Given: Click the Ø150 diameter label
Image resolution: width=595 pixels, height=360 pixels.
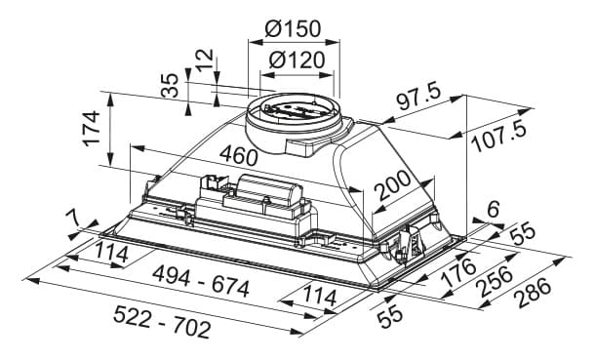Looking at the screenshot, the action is click(293, 28).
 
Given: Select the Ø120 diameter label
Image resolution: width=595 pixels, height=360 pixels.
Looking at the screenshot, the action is click(297, 60).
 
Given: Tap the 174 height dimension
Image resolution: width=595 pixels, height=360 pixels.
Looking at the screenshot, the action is click(92, 128).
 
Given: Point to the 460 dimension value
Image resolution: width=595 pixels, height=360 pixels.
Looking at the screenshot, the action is click(239, 155).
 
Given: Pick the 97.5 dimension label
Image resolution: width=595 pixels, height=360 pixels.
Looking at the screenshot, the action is click(418, 98).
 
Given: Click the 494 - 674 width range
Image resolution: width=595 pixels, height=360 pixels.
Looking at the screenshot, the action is click(201, 282).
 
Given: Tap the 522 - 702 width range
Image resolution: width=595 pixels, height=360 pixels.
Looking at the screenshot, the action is click(162, 322).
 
